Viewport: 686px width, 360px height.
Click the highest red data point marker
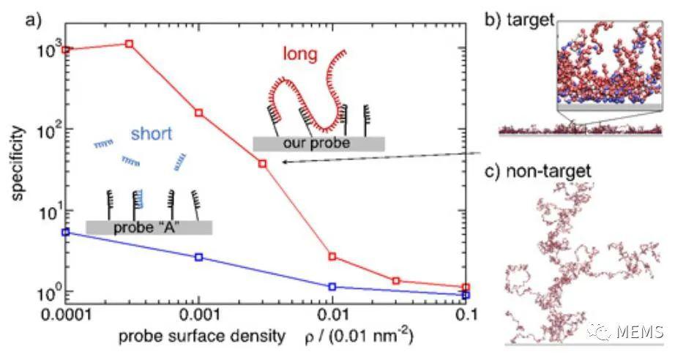(129, 44)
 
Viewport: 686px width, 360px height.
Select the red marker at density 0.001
(199, 113)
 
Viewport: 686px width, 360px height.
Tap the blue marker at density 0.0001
(66, 232)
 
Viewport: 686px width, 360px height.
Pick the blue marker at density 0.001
(199, 258)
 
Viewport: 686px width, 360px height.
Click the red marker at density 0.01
(332, 256)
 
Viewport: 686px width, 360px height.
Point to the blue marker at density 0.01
(332, 287)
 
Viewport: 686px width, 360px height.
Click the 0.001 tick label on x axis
(199, 315)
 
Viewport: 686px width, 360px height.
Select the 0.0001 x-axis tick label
(66, 315)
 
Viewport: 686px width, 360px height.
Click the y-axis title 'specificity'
(17, 163)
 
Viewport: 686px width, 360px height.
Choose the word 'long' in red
(300, 55)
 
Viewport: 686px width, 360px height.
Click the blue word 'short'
(152, 133)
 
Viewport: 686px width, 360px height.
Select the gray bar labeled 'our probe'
(318, 144)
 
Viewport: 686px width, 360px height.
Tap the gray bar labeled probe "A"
(149, 228)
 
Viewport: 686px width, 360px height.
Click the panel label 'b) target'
(520, 19)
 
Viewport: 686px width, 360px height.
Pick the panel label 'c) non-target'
(539, 170)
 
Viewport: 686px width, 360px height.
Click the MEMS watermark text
(640, 332)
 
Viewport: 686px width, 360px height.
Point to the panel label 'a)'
(33, 20)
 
